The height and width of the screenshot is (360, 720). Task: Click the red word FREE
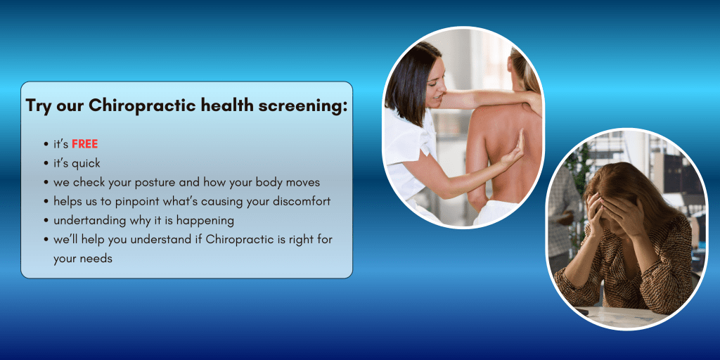(x=85, y=144)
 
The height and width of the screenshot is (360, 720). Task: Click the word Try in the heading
(x=38, y=105)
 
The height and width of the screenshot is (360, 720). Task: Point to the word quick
(x=86, y=163)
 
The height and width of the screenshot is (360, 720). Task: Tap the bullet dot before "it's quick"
(x=46, y=163)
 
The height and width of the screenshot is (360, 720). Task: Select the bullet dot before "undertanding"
(x=46, y=221)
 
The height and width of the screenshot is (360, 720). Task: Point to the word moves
(x=305, y=183)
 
